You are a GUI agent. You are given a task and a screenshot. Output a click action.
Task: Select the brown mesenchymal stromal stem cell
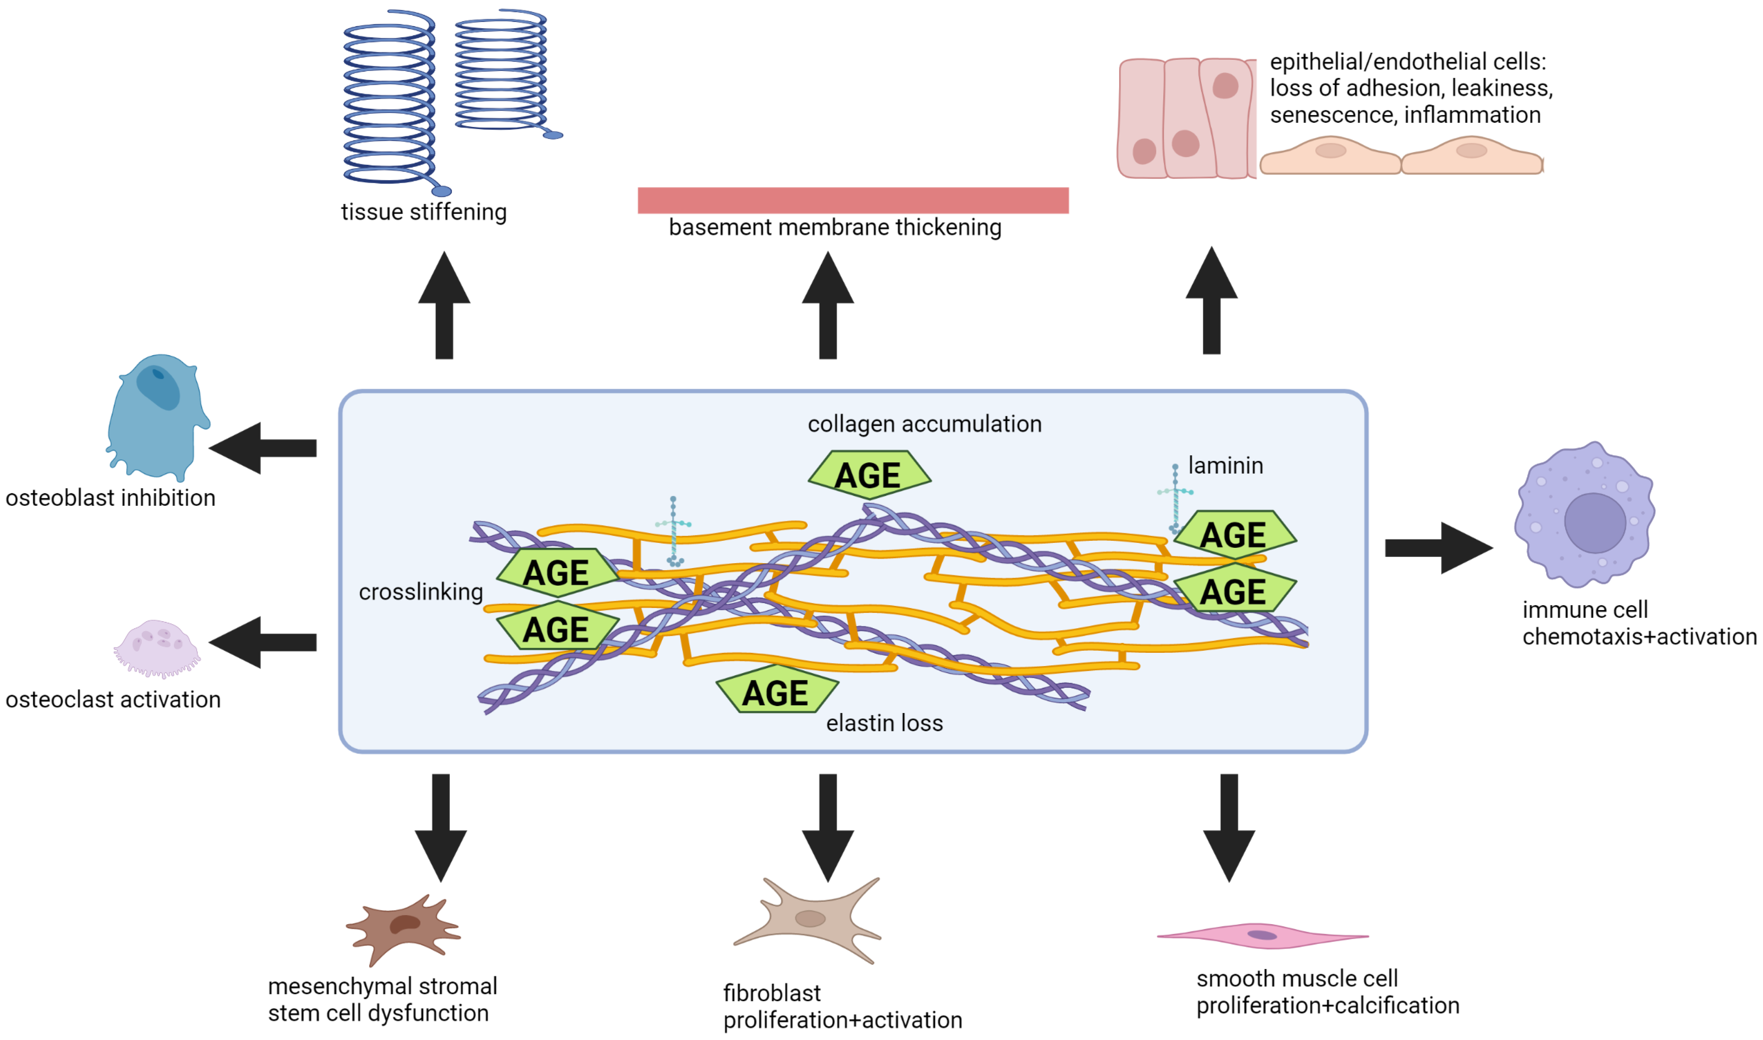[403, 929]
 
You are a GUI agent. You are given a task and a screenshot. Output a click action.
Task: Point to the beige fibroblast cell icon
[809, 920]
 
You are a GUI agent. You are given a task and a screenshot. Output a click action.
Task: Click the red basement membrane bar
[853, 200]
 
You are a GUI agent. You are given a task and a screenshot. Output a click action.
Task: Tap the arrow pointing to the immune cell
[1438, 548]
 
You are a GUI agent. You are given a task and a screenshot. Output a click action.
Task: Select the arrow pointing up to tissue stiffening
[444, 305]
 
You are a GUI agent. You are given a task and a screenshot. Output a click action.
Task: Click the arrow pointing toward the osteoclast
[263, 643]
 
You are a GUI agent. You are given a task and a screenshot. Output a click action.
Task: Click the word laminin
[1226, 465]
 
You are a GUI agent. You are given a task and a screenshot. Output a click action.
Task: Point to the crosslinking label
[420, 592]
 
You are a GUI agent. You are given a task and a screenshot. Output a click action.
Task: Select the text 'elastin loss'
[884, 723]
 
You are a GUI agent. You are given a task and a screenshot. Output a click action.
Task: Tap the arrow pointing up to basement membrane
[828, 305]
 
